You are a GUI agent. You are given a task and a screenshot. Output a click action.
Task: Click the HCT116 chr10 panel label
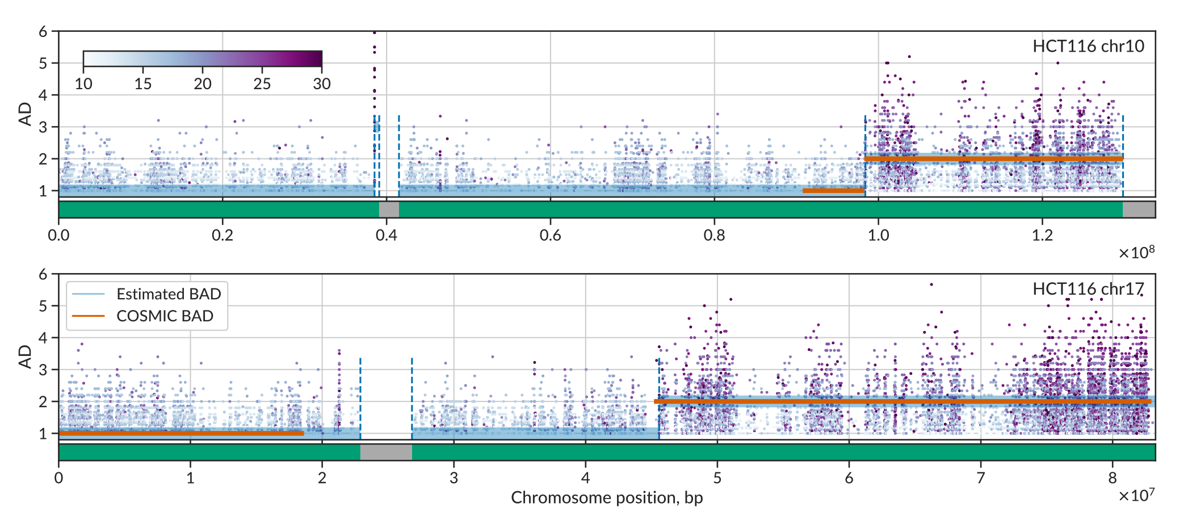click(x=1088, y=46)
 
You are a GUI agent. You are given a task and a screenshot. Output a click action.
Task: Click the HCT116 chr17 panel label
click(x=1088, y=289)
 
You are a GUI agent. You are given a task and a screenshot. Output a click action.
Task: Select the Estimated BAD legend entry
click(x=168, y=294)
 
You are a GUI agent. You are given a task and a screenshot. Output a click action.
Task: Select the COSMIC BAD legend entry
click(x=165, y=316)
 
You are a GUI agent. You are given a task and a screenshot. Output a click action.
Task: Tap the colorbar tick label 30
click(x=321, y=84)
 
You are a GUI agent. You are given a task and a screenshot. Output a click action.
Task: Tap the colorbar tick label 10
click(x=83, y=84)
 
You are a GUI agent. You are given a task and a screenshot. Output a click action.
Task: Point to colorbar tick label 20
click(x=203, y=84)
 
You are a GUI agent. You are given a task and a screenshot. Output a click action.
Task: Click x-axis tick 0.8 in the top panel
click(x=714, y=235)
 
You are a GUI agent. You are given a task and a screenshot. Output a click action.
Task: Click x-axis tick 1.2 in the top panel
click(x=1042, y=235)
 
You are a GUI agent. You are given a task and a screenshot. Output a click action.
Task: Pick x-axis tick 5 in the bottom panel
click(x=717, y=478)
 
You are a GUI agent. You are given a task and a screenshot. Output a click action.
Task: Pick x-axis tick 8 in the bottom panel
click(x=1112, y=478)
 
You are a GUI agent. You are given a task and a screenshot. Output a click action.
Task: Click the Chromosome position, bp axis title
click(x=607, y=497)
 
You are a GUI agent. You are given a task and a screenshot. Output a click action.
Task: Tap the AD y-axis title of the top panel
click(x=25, y=114)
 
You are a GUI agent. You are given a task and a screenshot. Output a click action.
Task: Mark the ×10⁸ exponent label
click(x=1136, y=253)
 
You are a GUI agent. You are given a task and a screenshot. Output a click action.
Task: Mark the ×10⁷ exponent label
click(x=1136, y=495)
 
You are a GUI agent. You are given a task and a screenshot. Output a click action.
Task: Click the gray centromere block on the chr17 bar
click(x=386, y=453)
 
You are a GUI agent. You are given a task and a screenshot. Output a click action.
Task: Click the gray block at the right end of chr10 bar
click(x=1139, y=210)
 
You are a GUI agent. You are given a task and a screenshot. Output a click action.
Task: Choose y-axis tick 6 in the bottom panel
click(x=43, y=274)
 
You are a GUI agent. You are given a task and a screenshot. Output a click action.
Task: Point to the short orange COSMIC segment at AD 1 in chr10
click(x=833, y=190)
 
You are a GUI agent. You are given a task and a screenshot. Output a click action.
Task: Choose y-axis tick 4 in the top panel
click(x=43, y=95)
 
